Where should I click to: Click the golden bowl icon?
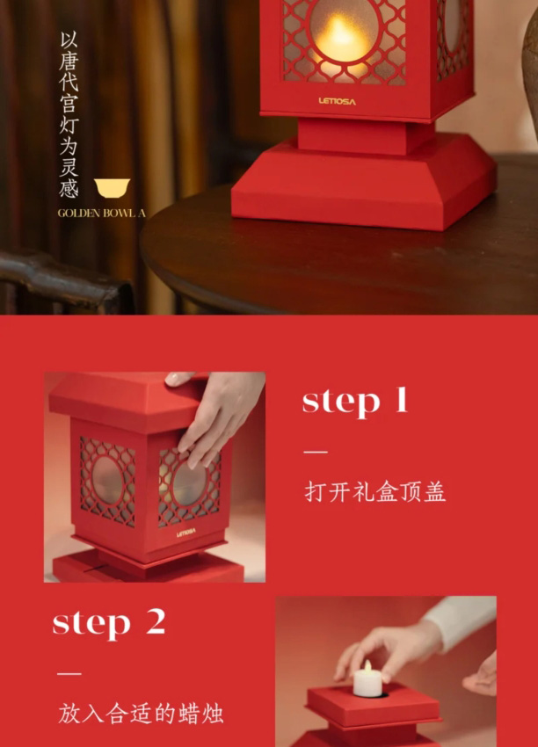tap(112, 187)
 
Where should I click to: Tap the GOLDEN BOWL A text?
tap(101, 213)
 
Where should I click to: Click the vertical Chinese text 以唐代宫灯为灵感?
tap(69, 114)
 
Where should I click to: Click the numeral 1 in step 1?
tap(400, 401)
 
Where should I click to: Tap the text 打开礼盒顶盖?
tap(375, 491)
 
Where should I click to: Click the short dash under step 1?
tap(315, 452)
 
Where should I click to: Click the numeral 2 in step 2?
tap(156, 622)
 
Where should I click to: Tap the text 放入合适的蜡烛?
tap(142, 713)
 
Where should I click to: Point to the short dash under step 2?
tap(69, 673)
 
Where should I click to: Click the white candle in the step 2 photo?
tap(367, 679)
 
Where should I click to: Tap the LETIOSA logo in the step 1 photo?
tap(186, 532)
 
